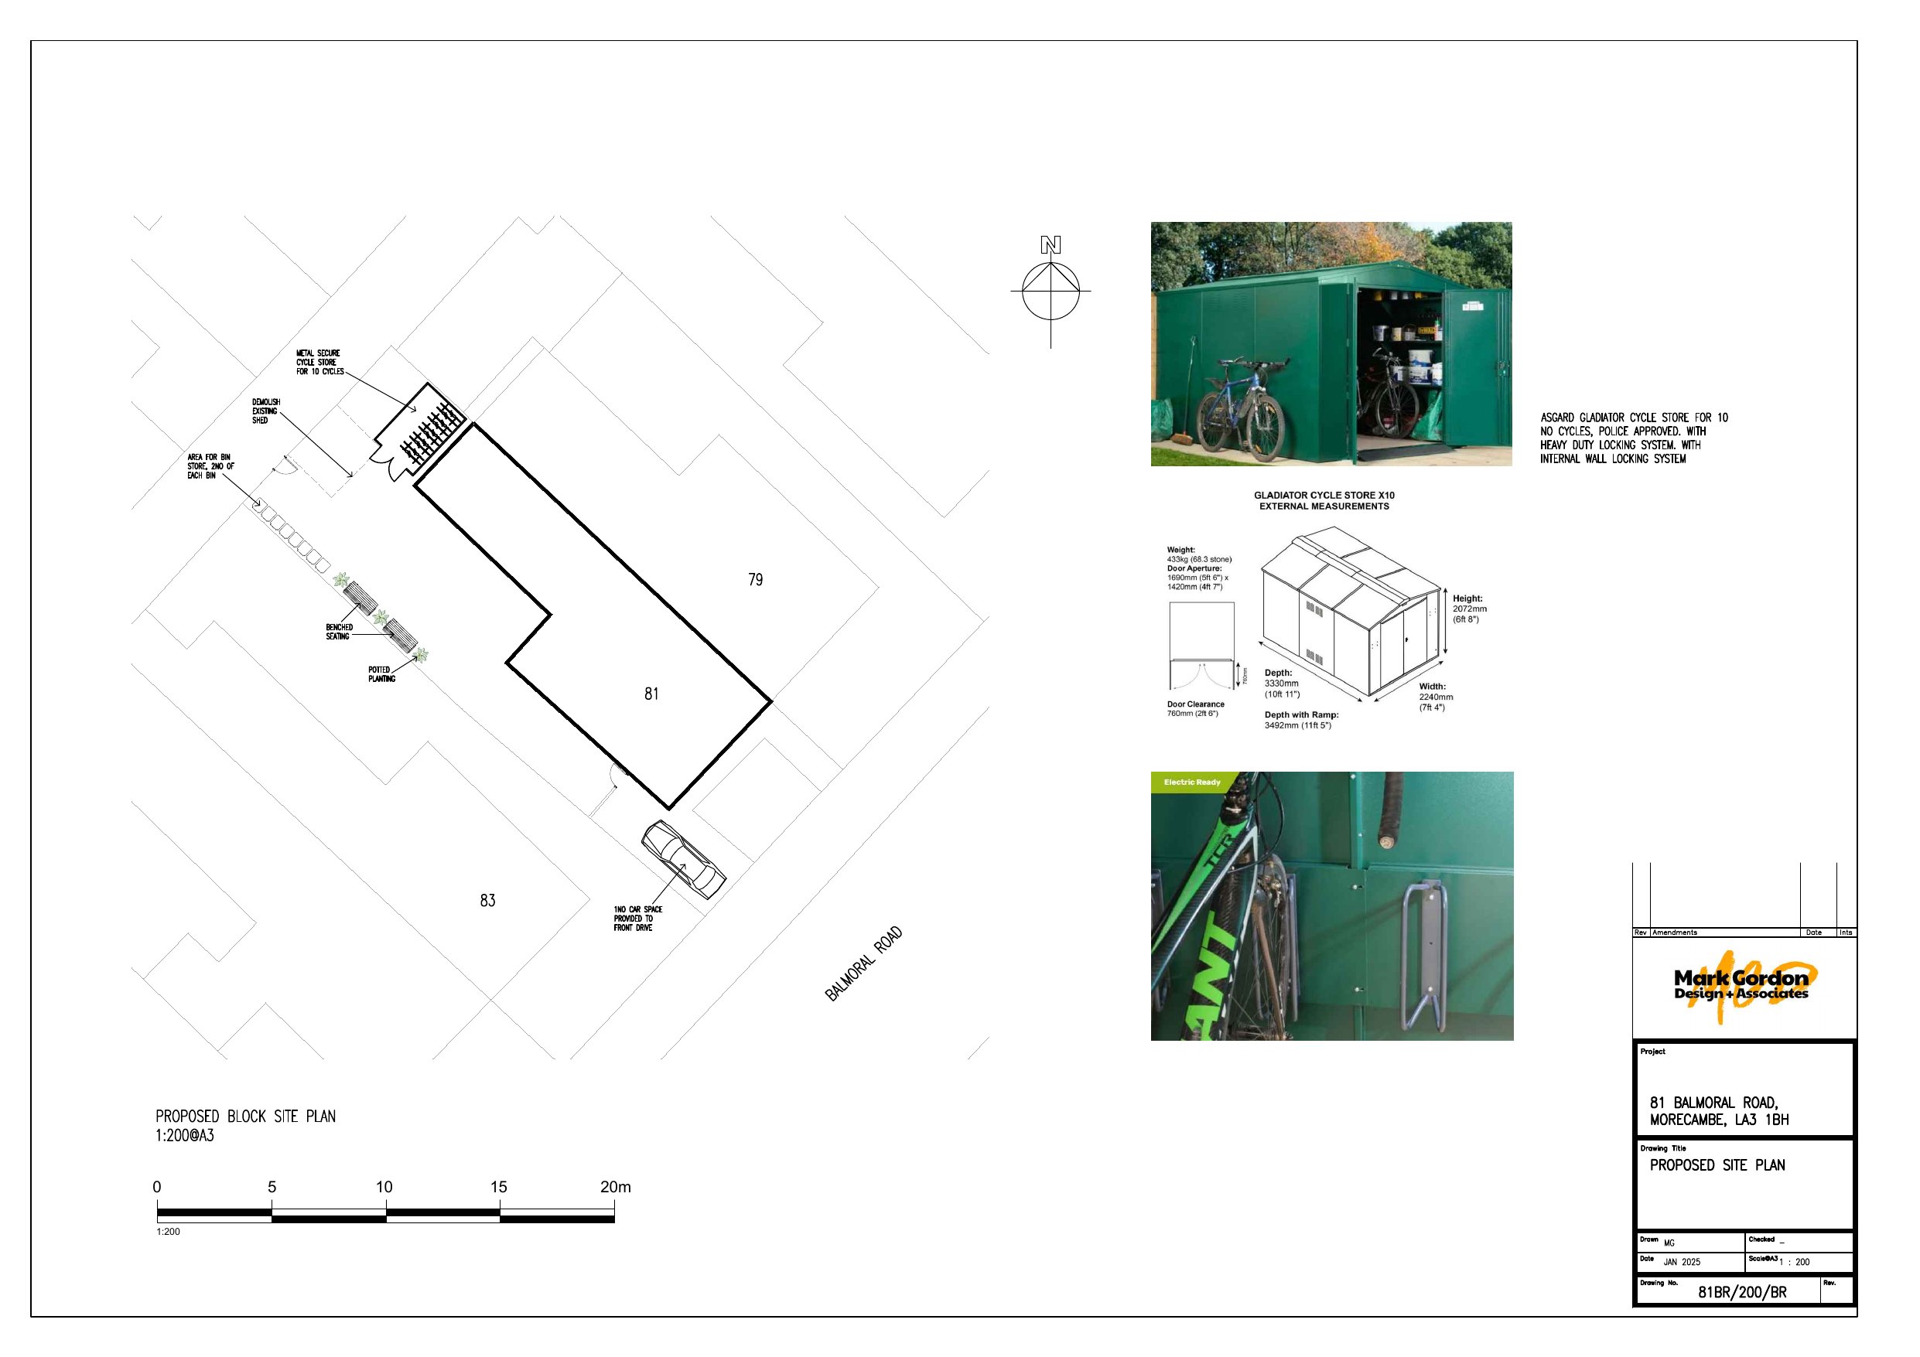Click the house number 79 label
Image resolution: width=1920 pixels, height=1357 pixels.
pyautogui.click(x=755, y=579)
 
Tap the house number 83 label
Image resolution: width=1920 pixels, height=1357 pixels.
pyautogui.click(x=487, y=901)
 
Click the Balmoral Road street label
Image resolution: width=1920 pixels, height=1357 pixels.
pyautogui.click(x=864, y=963)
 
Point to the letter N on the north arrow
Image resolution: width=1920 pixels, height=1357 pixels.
pyautogui.click(x=1051, y=245)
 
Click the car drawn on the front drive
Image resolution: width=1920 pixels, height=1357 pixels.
pyautogui.click(x=683, y=860)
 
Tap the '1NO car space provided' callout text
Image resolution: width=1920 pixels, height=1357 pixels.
pyautogui.click(x=637, y=918)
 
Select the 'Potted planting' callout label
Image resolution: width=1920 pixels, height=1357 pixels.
pyautogui.click(x=381, y=674)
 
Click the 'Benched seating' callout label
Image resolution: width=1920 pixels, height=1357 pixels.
pyautogui.click(x=339, y=631)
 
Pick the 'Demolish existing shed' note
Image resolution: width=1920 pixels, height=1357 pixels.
pyautogui.click(x=266, y=411)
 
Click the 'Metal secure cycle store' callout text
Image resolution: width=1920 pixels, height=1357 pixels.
pyautogui.click(x=319, y=362)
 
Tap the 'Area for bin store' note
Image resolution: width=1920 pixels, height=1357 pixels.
pyautogui.click(x=210, y=466)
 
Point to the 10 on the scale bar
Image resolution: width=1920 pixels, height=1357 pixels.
pyautogui.click(x=384, y=1186)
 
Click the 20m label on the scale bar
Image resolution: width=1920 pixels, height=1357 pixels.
pyautogui.click(x=615, y=1186)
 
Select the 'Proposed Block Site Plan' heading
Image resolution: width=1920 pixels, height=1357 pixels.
pyautogui.click(x=245, y=1117)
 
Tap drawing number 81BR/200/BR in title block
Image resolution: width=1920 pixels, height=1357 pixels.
pyautogui.click(x=1742, y=1292)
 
